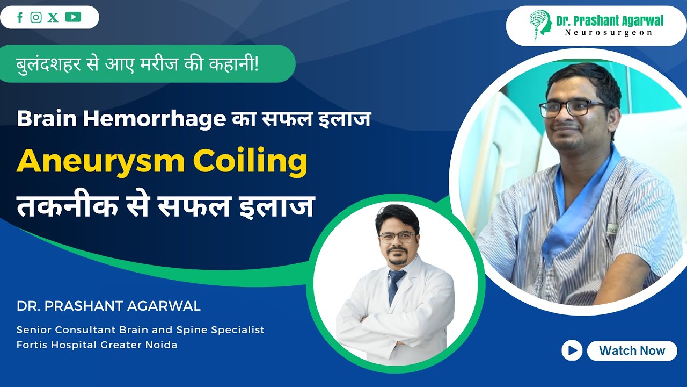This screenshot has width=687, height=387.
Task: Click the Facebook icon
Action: point(20,18)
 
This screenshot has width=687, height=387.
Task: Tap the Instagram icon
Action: point(36,18)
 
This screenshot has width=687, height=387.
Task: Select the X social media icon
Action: point(53,18)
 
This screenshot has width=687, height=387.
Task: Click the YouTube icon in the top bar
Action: point(73,17)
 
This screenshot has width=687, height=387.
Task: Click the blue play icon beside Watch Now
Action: point(572,351)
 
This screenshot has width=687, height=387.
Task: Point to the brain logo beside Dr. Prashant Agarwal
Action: point(540,25)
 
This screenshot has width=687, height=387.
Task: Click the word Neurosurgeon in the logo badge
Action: point(609,33)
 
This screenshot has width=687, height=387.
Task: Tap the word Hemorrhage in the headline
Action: point(155,119)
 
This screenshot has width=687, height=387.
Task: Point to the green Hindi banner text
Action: point(137,64)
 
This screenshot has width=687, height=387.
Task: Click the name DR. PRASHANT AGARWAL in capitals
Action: point(108,306)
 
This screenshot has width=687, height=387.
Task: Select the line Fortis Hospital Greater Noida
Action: point(97,345)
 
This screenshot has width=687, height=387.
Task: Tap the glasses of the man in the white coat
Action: point(396,237)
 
